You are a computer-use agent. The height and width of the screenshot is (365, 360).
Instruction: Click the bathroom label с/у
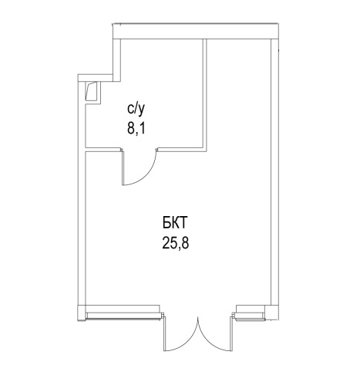point(136,110)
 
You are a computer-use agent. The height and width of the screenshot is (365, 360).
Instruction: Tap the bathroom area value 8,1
point(136,128)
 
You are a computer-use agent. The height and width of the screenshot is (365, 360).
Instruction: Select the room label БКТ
point(174,223)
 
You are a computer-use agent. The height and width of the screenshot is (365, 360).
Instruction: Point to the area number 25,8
point(176,243)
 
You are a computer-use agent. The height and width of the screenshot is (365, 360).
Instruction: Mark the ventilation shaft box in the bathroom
point(92,92)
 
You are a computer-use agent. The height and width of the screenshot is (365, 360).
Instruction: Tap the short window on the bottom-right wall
point(248,316)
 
